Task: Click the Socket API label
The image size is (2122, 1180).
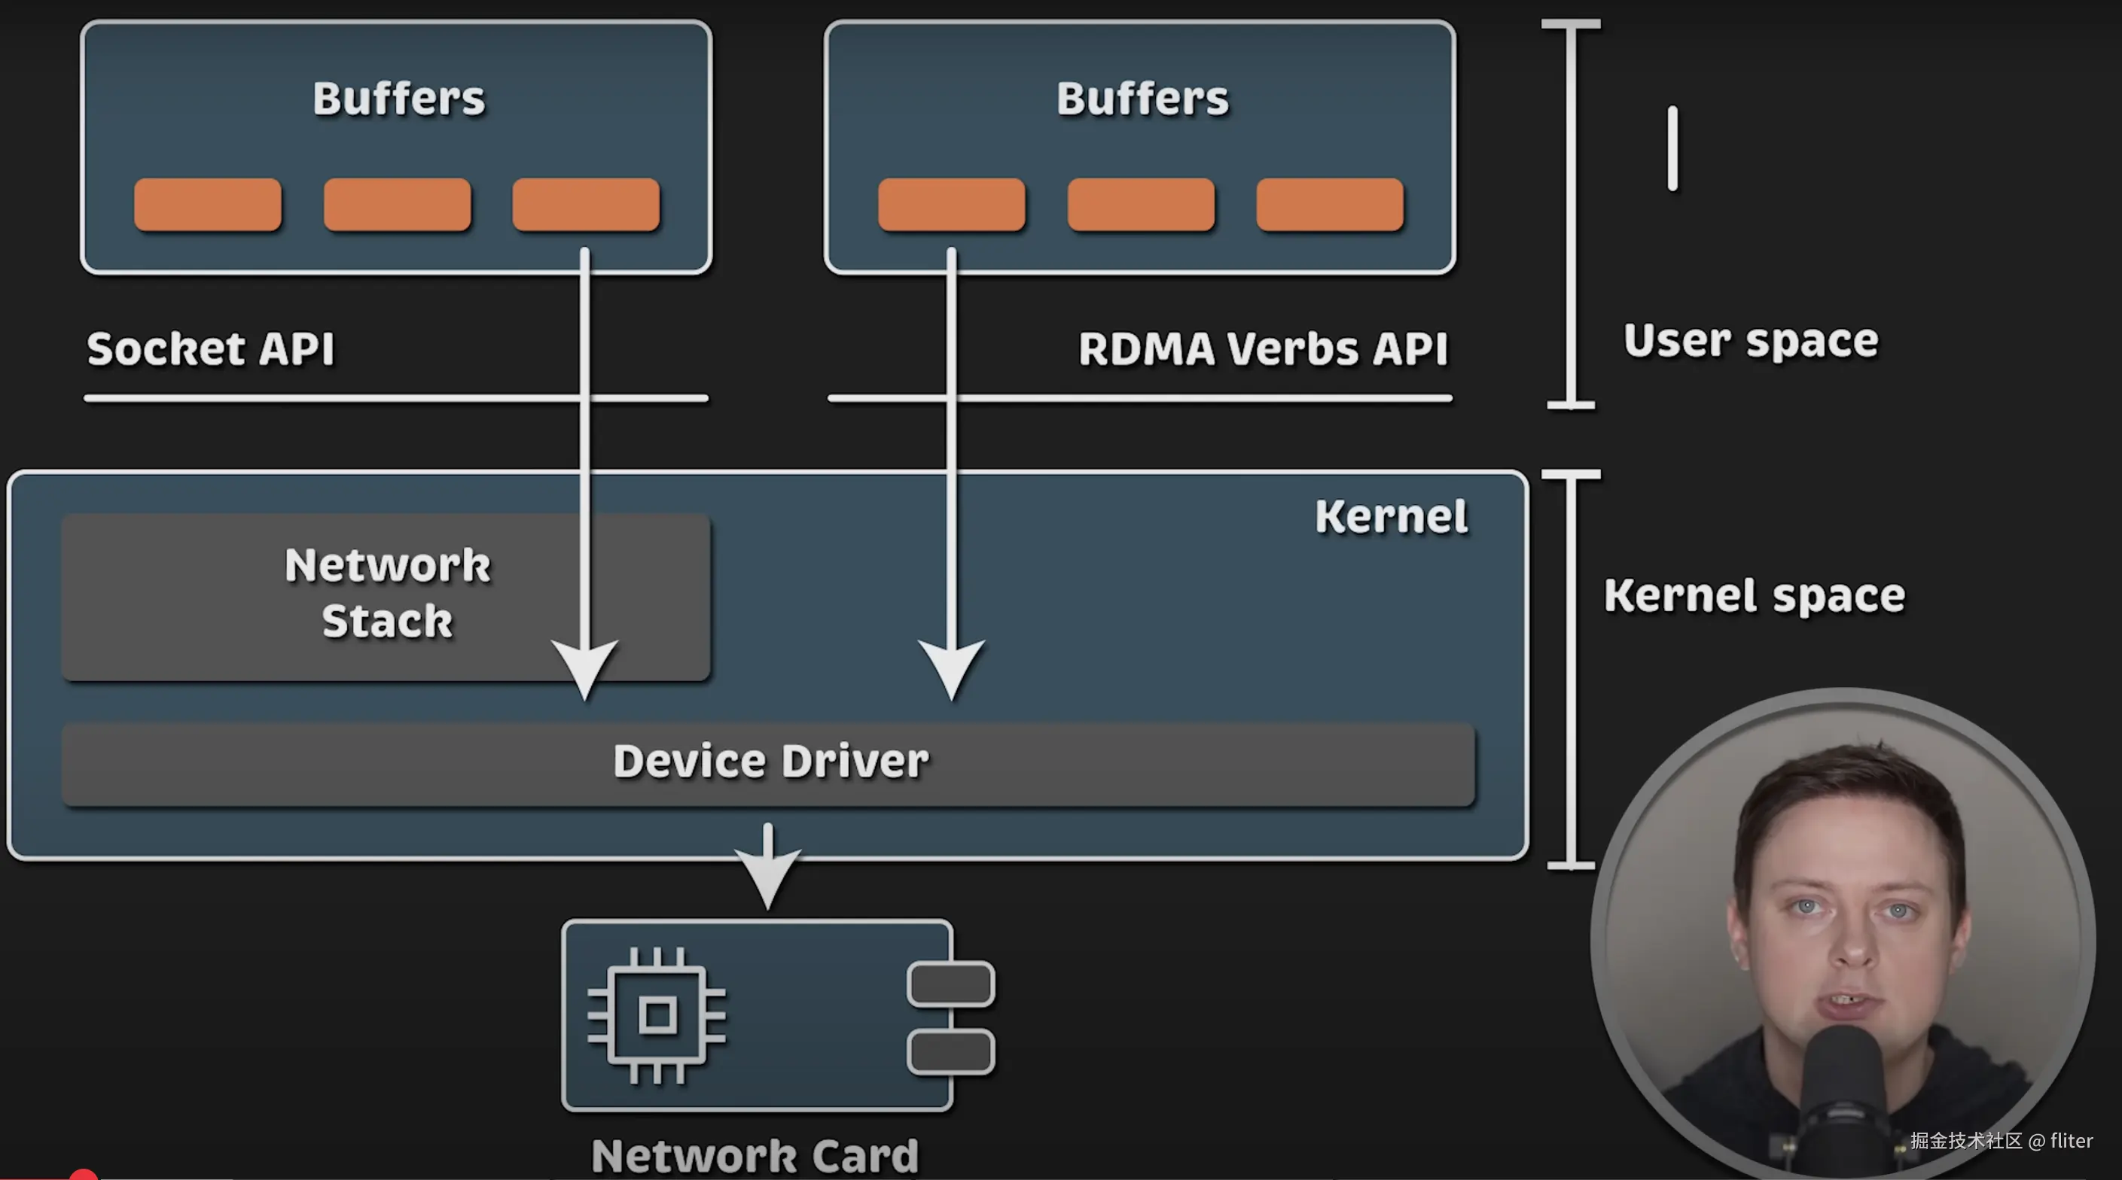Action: click(211, 348)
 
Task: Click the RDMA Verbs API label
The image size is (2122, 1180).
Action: click(1263, 348)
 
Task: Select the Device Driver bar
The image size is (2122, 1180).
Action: click(770, 762)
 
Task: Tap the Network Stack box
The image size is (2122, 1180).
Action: click(386, 594)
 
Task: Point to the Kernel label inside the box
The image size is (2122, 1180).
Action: click(1391, 517)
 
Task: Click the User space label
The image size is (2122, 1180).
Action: click(1751, 341)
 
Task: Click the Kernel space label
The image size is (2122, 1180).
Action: click(1754, 595)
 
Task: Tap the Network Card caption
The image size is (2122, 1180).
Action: click(755, 1155)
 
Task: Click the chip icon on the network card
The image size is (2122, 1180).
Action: click(657, 1014)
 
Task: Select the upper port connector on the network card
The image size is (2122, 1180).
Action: click(950, 984)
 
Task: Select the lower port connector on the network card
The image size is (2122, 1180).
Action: click(950, 1051)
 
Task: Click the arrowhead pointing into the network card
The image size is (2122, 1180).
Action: click(768, 876)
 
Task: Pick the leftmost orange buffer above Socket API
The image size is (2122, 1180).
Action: click(208, 204)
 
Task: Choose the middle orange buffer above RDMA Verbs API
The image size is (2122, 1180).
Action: click(1141, 204)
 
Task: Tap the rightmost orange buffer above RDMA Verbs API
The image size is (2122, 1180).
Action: click(1330, 204)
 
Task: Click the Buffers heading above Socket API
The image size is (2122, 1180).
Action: click(398, 99)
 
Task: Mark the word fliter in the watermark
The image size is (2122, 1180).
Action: click(2071, 1140)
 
